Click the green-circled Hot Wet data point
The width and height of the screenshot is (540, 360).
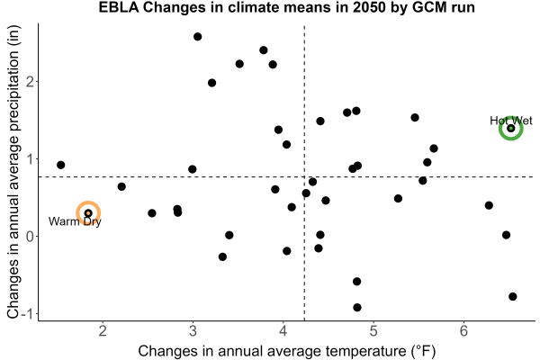coord(511,128)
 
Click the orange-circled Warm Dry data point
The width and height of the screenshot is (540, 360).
coord(88,213)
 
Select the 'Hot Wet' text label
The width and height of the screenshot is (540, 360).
coord(511,121)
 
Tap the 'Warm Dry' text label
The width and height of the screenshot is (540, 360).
coord(75,221)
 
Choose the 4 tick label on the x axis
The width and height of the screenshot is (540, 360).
coord(283,331)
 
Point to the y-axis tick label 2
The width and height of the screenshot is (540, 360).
coord(30,82)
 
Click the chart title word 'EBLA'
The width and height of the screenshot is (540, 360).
coord(119,7)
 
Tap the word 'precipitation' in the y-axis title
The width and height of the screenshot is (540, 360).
coord(13,96)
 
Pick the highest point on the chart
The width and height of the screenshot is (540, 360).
coord(197,37)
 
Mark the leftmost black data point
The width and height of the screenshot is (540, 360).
coord(60,165)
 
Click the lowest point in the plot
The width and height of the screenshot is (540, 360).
coord(357,307)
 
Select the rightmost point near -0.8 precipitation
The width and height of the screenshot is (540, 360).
coord(512,296)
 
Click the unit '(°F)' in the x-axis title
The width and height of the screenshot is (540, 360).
coord(423,351)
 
